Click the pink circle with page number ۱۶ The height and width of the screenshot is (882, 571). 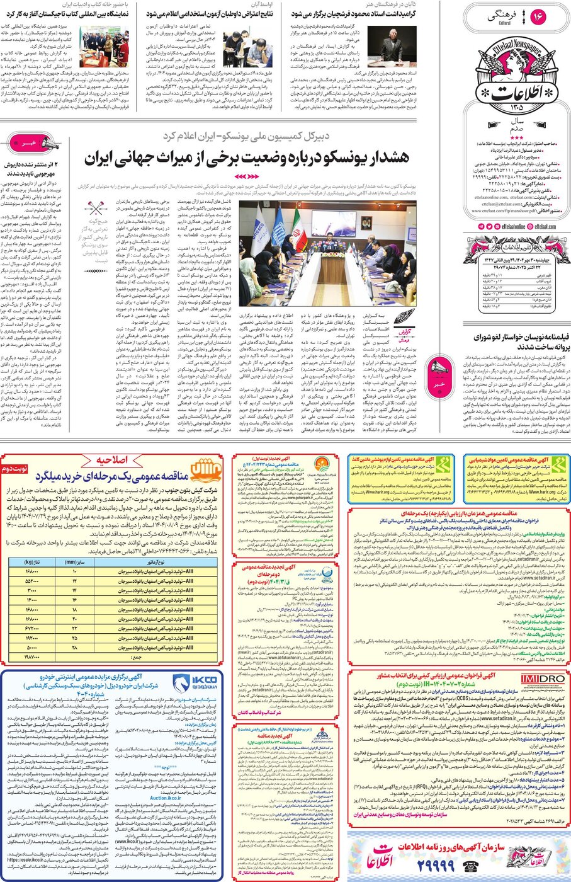click(538, 18)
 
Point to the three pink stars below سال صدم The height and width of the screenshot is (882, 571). click(516, 137)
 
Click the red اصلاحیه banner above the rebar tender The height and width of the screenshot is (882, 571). click(113, 460)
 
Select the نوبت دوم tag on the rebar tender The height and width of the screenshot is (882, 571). click(14, 470)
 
